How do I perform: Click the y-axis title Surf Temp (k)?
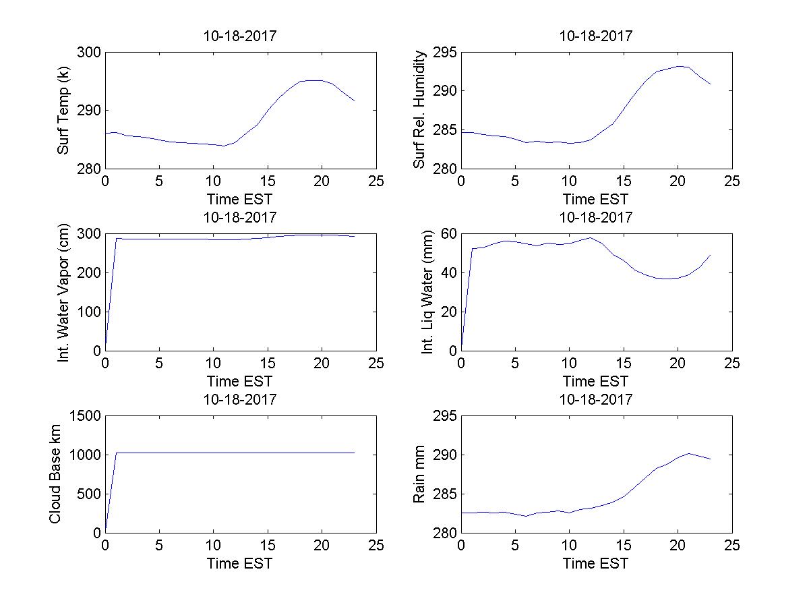coord(63,110)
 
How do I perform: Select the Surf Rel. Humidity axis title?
coord(420,110)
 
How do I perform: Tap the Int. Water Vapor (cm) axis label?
coord(63,292)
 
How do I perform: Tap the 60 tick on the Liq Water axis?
coord(448,234)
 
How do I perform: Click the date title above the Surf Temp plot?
coord(240,36)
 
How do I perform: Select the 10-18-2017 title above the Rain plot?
coord(596,399)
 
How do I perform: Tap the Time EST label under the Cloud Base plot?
coord(240,563)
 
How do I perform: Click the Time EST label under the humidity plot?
coord(596,199)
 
